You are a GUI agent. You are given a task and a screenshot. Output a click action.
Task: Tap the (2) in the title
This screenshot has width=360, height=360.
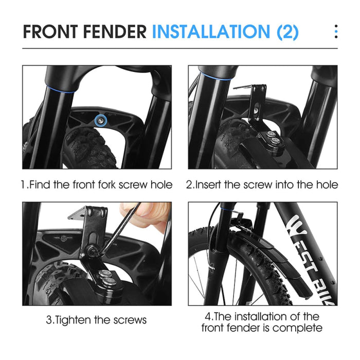(287, 31)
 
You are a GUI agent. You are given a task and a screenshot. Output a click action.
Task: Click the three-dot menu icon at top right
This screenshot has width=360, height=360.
(336, 31)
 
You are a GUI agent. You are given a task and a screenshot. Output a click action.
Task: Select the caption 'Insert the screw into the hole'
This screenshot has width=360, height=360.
(262, 185)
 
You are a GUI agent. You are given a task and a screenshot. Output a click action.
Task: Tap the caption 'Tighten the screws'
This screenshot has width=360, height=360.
(97, 320)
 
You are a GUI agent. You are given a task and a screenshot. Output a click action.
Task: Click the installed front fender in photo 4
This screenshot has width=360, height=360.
(267, 257)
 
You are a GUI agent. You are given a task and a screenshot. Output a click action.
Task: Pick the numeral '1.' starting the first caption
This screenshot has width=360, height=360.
(25, 185)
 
